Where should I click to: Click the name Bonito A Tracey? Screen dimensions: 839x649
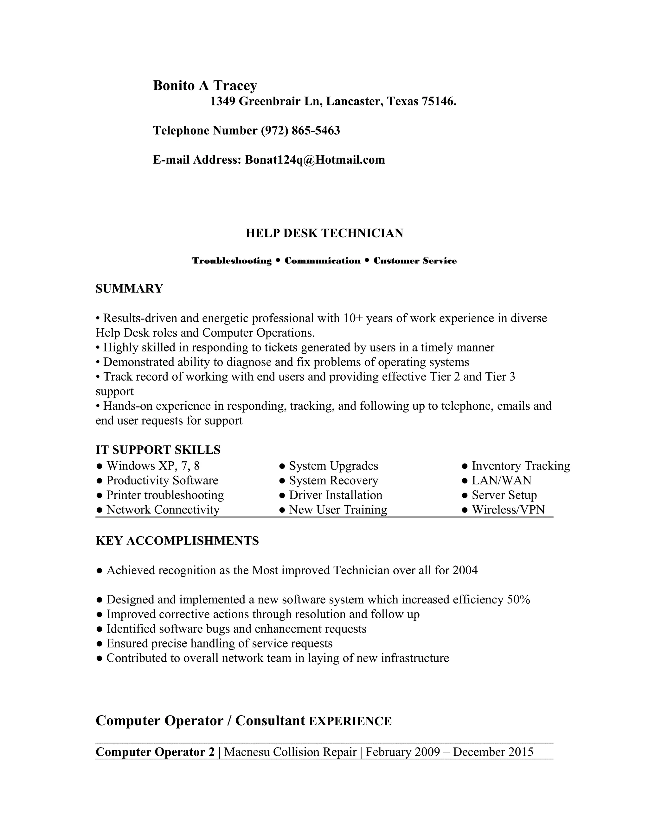click(205, 86)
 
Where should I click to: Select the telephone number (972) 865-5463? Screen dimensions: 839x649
click(300, 131)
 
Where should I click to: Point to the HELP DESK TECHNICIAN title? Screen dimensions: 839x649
click(324, 233)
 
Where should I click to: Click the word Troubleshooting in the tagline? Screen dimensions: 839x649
click(232, 261)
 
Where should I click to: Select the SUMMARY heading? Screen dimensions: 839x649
click(129, 288)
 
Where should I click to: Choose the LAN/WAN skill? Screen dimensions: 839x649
click(501, 480)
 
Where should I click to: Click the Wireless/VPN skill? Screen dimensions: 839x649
click(508, 509)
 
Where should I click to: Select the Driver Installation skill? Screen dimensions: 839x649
click(335, 495)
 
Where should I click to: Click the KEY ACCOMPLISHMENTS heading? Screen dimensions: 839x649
click(177, 541)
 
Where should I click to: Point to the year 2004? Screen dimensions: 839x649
click(465, 570)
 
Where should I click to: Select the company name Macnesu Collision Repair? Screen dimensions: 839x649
click(290, 752)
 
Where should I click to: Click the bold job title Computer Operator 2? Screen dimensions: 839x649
click(155, 752)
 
